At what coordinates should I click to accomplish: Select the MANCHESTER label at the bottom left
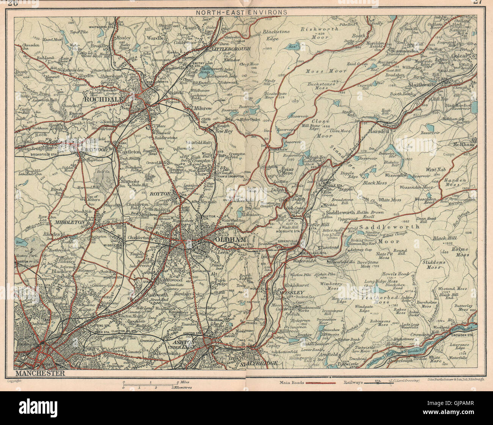click(39, 373)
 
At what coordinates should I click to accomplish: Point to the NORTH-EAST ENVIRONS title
click(241, 12)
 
